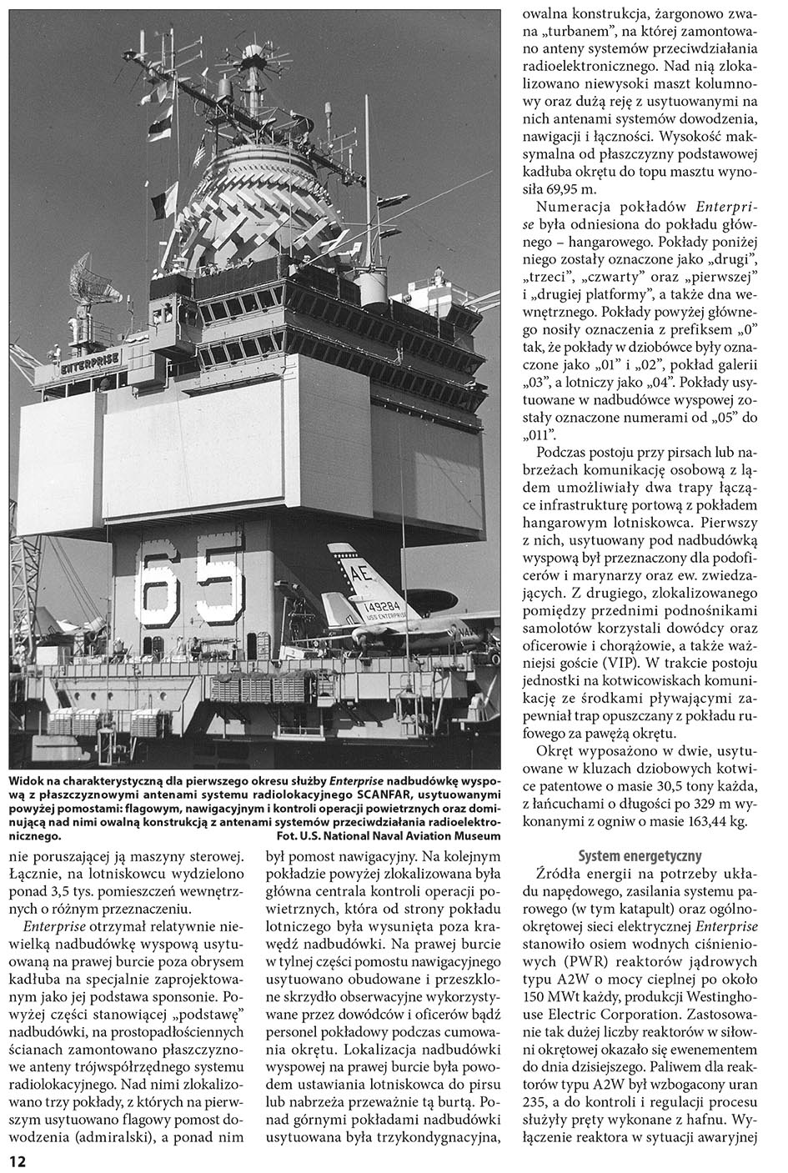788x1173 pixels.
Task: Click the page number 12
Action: [18, 1161]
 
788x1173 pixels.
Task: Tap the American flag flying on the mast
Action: [200, 153]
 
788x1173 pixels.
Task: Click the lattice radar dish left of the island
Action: [88, 279]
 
